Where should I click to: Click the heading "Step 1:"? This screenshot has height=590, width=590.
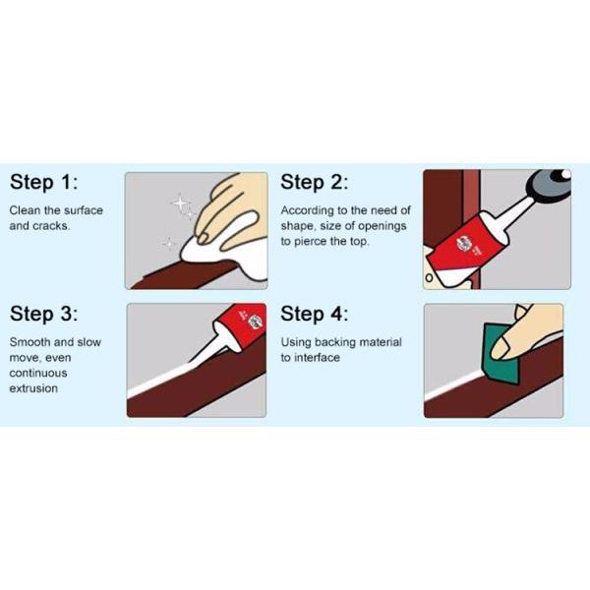click(x=44, y=182)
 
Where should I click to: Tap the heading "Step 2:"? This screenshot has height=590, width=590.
click(x=315, y=182)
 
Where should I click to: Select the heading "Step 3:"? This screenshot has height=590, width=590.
click(x=44, y=314)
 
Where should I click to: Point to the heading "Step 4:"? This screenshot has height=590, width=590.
click(x=315, y=314)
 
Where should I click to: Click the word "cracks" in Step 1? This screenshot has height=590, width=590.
click(x=51, y=226)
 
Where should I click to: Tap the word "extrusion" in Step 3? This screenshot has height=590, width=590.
click(x=33, y=388)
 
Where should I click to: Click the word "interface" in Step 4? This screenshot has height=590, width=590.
click(x=317, y=358)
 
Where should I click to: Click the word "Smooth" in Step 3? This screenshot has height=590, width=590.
click(x=29, y=342)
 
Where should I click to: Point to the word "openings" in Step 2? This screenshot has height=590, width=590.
click(x=382, y=226)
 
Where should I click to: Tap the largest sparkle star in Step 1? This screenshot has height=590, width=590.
click(x=180, y=204)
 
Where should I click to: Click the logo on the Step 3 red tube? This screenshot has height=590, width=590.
click(x=255, y=323)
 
